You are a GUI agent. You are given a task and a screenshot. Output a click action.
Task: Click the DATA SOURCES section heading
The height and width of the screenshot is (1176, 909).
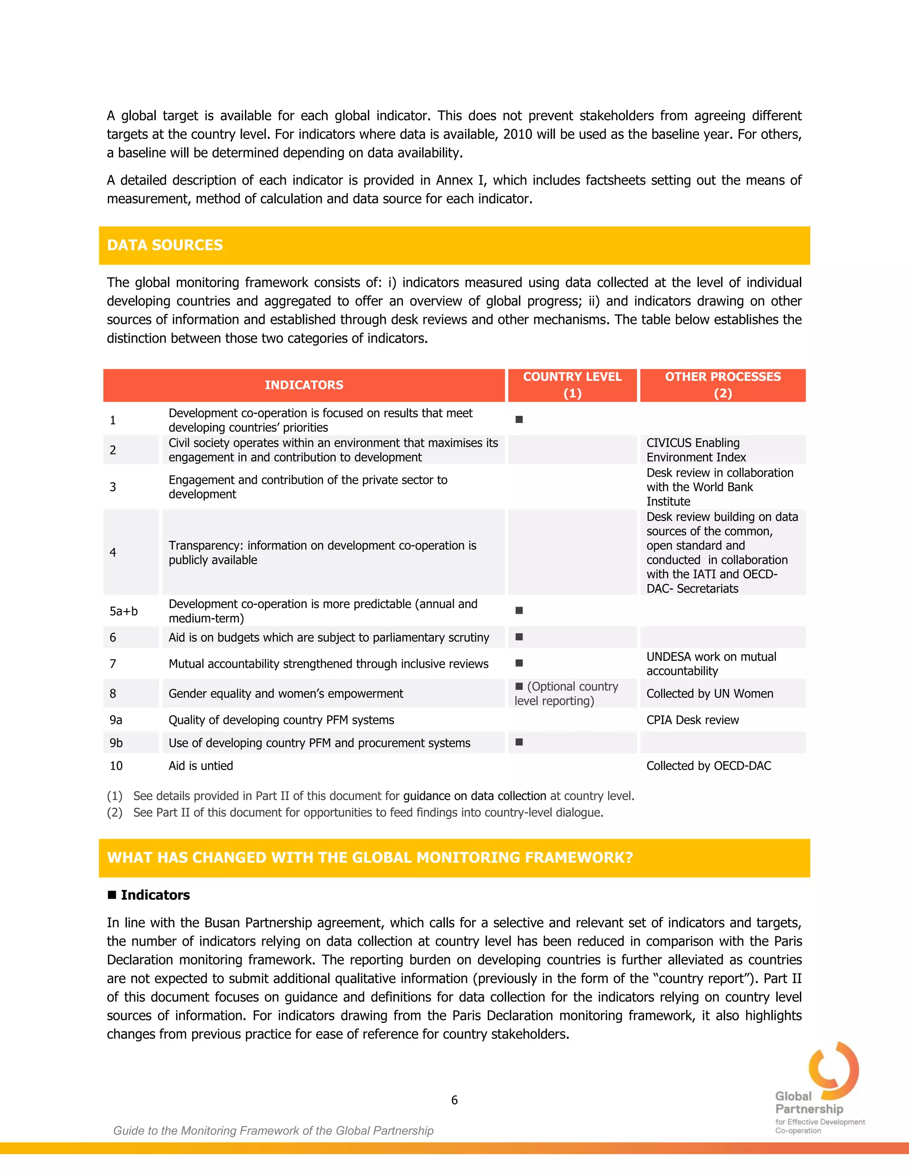pos(165,245)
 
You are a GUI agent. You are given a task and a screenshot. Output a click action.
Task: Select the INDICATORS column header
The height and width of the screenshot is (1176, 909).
pos(304,385)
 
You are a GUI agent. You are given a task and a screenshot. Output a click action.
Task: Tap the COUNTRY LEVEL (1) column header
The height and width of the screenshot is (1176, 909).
pos(572,385)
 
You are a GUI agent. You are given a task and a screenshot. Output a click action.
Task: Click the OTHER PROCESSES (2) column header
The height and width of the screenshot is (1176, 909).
pos(723,385)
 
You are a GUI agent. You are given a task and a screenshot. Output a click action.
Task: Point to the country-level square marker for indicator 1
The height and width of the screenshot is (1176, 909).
pos(519,419)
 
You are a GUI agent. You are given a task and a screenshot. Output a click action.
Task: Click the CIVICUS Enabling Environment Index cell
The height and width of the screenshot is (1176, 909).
pos(696,450)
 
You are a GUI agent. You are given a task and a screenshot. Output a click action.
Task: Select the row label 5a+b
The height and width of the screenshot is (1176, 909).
pos(123,611)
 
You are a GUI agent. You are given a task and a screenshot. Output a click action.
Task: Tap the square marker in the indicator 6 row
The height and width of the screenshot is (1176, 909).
pos(519,637)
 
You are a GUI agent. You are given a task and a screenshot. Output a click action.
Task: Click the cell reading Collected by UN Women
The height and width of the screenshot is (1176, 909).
pos(709,694)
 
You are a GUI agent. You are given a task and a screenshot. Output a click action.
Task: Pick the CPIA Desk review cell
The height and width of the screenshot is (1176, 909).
pos(692,720)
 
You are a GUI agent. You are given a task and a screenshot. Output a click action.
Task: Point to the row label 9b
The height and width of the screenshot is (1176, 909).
pos(116,743)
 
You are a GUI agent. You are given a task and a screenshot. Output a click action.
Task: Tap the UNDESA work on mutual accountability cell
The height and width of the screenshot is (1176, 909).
pos(711,663)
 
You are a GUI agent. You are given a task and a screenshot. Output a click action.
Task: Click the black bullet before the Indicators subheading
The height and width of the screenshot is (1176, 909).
pos(112,895)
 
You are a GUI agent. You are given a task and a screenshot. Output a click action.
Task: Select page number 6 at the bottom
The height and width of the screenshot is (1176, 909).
pos(454,1100)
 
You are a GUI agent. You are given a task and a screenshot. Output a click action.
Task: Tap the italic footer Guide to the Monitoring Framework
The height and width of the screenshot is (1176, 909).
pos(273,1131)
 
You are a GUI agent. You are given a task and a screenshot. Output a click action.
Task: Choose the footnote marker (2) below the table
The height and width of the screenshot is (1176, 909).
pos(115,813)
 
